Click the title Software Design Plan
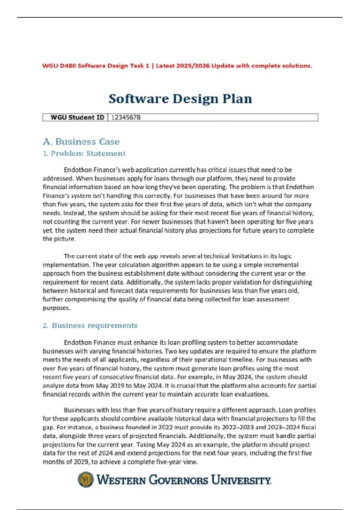point(180,99)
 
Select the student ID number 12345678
point(126,117)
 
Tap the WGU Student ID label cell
point(77,117)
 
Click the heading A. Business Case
point(81,141)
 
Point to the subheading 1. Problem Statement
point(84,153)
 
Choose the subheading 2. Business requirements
point(90,325)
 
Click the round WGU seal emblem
point(85,479)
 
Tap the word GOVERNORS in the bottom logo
point(178,480)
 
